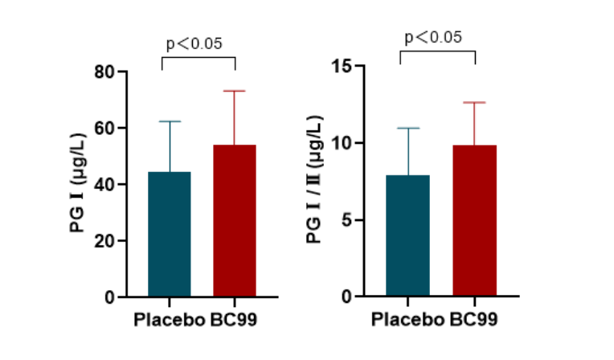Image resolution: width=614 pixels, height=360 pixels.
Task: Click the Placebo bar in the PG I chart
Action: point(170,235)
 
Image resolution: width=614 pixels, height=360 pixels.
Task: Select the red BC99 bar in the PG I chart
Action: point(234,221)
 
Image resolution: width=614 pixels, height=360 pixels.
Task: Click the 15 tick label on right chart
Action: point(343,66)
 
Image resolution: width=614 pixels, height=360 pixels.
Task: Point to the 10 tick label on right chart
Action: point(343,143)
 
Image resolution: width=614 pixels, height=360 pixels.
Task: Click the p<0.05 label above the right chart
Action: point(433,37)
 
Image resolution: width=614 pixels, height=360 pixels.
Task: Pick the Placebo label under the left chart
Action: point(168,319)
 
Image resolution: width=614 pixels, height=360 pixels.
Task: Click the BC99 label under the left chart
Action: point(236,319)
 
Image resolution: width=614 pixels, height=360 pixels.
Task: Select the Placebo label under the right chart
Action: point(407,319)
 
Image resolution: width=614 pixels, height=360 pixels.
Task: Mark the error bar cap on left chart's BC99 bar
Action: point(234,91)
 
